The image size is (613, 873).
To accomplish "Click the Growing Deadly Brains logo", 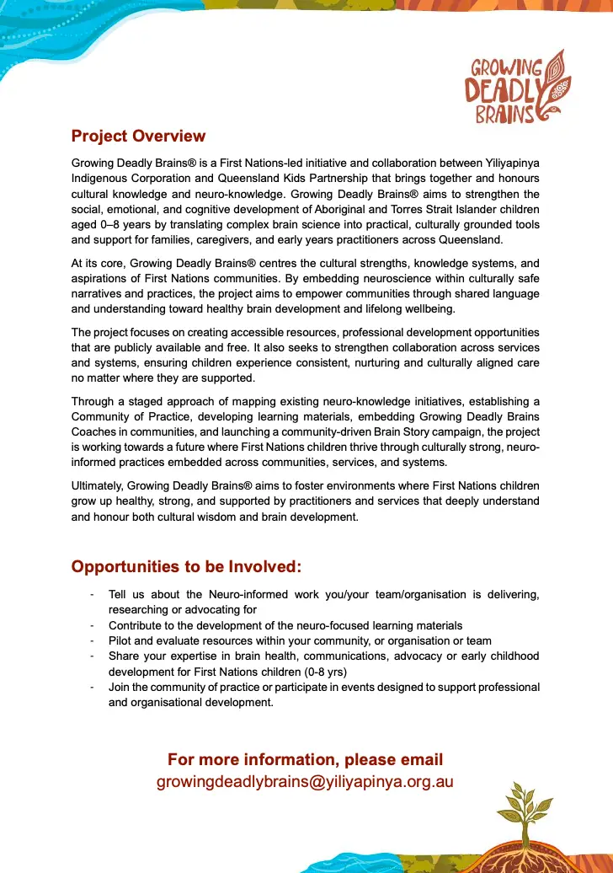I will [517, 88].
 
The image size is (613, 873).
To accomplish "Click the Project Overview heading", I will [138, 136].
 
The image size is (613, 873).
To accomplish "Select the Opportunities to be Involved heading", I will [186, 566].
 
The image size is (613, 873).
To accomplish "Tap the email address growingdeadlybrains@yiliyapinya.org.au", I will [305, 781].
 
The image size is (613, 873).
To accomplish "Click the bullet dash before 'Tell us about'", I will [91, 595].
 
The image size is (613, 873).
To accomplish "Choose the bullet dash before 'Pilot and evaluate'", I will [91, 641].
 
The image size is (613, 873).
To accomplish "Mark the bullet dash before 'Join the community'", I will [91, 688].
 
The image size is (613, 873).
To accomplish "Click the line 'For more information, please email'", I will [305, 759].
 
